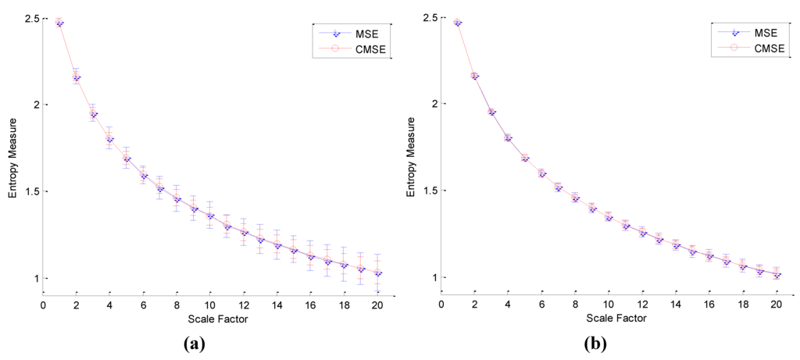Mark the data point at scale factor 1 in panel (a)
(59, 23)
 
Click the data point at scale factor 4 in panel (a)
(110, 138)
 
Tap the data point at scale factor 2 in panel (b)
(475, 76)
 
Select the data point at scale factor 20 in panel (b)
(777, 275)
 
